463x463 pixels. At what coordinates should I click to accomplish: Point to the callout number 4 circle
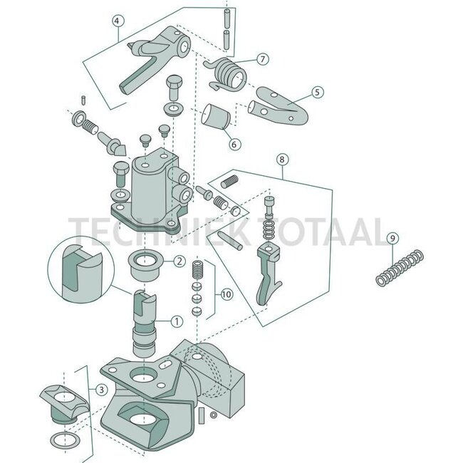click(118, 21)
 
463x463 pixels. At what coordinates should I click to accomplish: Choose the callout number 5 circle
click(316, 92)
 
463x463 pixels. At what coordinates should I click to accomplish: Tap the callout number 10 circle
click(225, 293)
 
